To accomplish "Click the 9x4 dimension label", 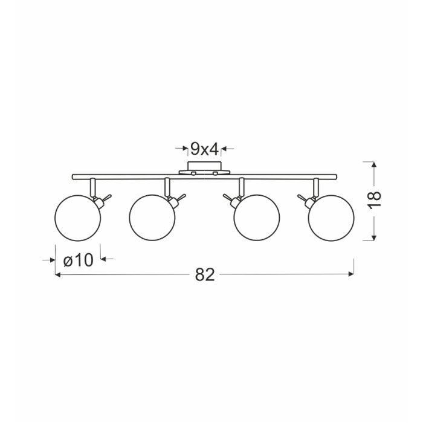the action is point(204,149).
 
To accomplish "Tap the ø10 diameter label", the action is point(78,260).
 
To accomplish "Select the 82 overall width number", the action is point(205,274).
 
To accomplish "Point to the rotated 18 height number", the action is point(375,199).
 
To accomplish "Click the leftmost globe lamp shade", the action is point(78,218).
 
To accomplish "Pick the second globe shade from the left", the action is point(152,218).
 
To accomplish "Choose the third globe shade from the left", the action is point(257,218).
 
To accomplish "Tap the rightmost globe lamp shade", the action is point(331,218).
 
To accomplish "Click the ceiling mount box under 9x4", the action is point(205,166).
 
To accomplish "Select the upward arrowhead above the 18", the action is point(373,164).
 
